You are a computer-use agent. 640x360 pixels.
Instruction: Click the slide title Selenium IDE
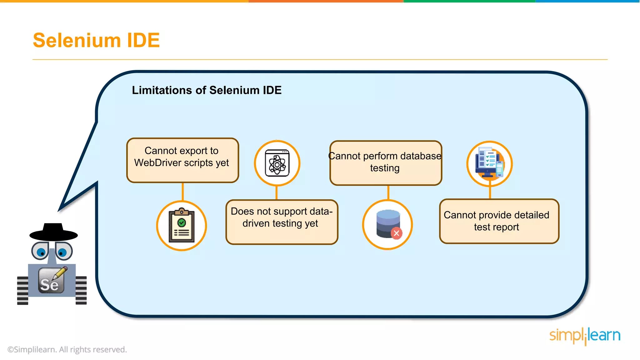tap(96, 40)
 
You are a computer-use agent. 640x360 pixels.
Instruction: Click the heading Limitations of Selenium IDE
tap(207, 90)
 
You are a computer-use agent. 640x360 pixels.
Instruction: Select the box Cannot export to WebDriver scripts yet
tap(182, 160)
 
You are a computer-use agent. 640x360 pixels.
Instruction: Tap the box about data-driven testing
tap(282, 222)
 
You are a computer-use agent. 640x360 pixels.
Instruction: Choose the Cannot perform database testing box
tap(386, 163)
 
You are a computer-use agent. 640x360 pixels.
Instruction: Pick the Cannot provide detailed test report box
tap(499, 221)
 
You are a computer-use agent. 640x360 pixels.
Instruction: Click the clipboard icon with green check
tap(182, 226)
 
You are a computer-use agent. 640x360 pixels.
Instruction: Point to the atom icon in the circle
tap(277, 163)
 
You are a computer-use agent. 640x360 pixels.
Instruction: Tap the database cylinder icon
tap(387, 223)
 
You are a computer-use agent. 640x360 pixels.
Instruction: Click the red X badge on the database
tap(396, 233)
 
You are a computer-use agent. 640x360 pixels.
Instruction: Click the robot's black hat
tap(53, 232)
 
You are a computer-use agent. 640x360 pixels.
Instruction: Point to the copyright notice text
tap(67, 349)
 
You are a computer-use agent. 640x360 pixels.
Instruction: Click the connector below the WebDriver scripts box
tap(183, 192)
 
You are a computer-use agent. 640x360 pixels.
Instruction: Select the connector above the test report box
tap(490, 192)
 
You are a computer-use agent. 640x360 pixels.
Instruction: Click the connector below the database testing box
tap(388, 192)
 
